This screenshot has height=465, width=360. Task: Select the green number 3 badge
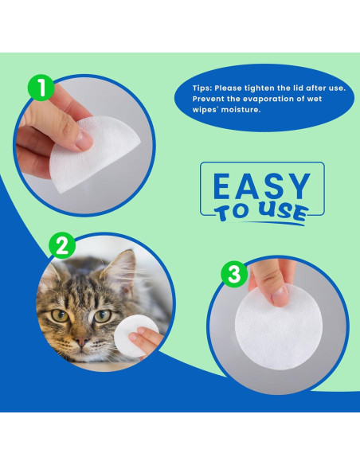[233, 275]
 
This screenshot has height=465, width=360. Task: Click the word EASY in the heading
[263, 186]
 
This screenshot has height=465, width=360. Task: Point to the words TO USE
[260, 213]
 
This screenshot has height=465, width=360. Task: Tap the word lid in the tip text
[300, 88]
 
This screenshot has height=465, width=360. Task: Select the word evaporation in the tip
[264, 98]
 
